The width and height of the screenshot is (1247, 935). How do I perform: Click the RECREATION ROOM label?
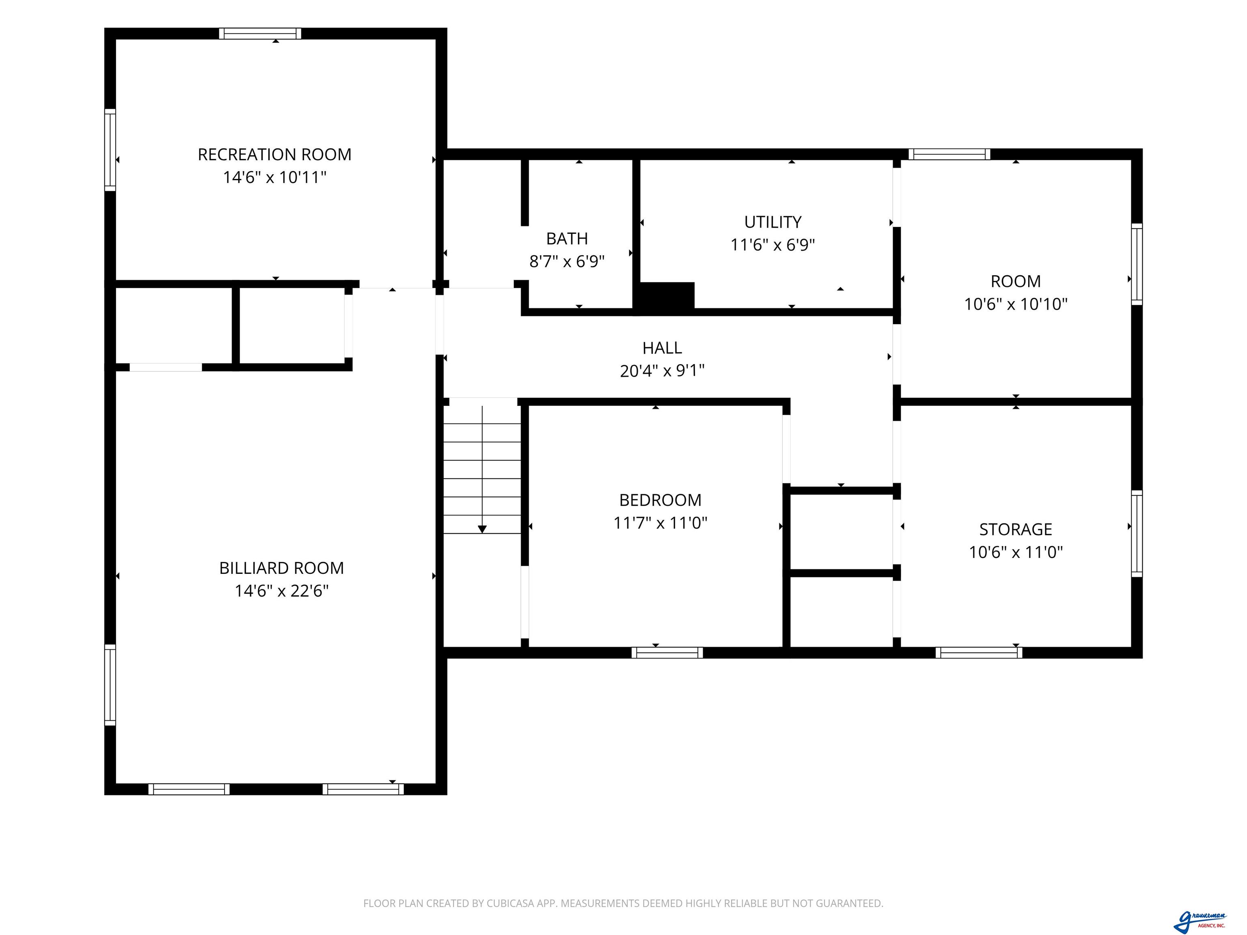tap(274, 155)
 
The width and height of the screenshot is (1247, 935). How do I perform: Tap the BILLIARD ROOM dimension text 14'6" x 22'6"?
tap(281, 590)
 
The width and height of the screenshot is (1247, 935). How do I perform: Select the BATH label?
tap(567, 238)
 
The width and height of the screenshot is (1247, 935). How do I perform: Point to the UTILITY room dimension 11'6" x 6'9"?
tap(773, 245)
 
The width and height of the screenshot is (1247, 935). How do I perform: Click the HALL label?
tap(662, 348)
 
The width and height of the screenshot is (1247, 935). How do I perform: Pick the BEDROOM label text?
tap(660, 500)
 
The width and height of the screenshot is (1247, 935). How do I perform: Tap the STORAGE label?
tap(1016, 529)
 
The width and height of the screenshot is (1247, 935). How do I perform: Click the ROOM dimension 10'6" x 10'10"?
tap(1016, 304)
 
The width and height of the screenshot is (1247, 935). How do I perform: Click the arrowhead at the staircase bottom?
tap(482, 529)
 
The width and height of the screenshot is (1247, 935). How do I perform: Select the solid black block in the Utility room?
tap(664, 295)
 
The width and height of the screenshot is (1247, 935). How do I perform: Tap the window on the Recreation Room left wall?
tap(110, 150)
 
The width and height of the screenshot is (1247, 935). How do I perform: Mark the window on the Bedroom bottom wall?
tap(667, 653)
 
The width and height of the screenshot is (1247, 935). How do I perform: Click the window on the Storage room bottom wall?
tap(979, 653)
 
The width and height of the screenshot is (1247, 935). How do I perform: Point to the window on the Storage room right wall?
tap(1137, 534)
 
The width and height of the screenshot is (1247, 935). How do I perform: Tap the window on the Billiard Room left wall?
tap(110, 685)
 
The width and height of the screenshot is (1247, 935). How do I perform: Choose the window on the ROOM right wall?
tap(1137, 264)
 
